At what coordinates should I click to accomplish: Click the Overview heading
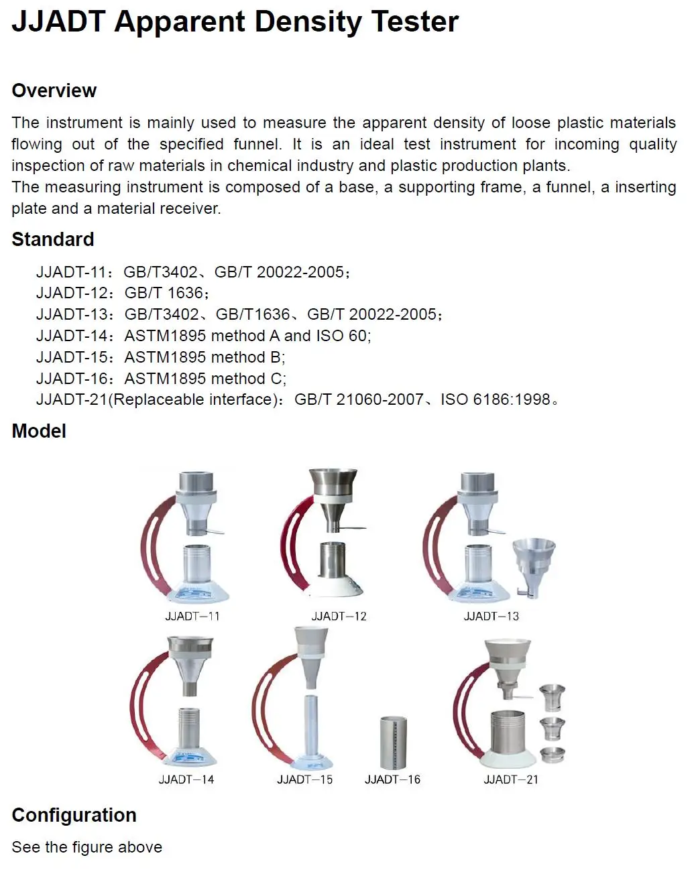click(54, 90)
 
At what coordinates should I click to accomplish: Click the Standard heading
click(53, 239)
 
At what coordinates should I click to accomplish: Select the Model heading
click(39, 431)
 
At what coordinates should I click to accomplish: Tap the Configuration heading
click(74, 815)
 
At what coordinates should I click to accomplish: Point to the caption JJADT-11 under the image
click(192, 616)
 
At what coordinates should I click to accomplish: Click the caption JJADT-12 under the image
click(339, 616)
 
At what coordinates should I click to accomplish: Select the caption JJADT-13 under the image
click(491, 616)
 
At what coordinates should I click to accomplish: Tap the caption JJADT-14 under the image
click(186, 779)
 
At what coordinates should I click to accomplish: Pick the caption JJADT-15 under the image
click(305, 779)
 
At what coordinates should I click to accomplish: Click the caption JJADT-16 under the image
click(392, 779)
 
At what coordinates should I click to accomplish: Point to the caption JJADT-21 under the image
click(511, 779)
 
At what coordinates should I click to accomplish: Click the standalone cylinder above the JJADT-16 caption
click(393, 743)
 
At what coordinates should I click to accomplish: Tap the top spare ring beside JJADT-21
click(553, 697)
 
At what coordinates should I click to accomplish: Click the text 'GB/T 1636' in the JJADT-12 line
click(164, 293)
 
